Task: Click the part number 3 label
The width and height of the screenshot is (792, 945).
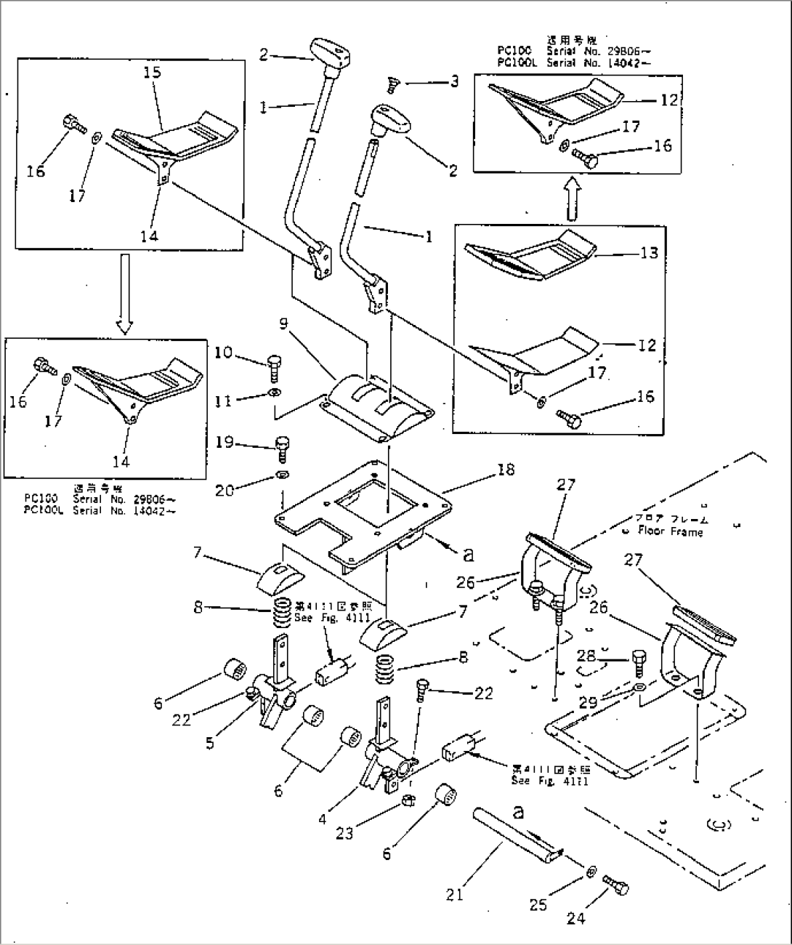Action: coord(454,81)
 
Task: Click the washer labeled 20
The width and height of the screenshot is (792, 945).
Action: coord(280,476)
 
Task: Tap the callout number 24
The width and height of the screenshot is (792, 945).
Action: coord(575,919)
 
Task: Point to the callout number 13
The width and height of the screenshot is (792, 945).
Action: coord(650,253)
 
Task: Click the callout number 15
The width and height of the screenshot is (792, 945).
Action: coord(153,72)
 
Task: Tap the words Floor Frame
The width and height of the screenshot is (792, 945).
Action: coord(670,531)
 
